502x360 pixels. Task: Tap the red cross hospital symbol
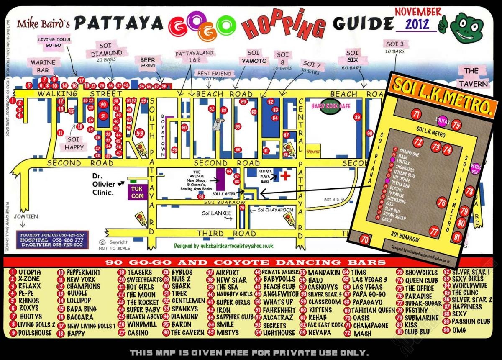(x=285, y=175)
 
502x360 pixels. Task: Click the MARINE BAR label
(x=43, y=66)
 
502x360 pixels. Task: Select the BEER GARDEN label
(x=148, y=63)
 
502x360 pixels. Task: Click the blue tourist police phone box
(x=52, y=239)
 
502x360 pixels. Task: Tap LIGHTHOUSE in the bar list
(x=279, y=333)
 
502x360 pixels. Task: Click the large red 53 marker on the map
(x=140, y=134)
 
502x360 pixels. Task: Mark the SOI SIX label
(x=352, y=57)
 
